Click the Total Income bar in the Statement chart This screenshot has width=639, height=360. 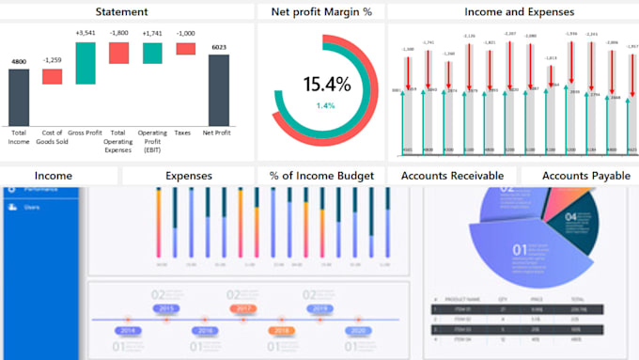(x=19, y=96)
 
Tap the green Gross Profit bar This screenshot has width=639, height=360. (x=86, y=63)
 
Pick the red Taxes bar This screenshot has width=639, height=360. (x=185, y=48)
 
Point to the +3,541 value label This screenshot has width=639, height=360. (x=86, y=33)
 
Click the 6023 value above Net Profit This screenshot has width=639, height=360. (x=219, y=47)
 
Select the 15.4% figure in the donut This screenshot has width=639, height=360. (x=326, y=84)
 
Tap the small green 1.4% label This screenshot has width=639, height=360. (x=325, y=105)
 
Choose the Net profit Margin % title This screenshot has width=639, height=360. (x=321, y=12)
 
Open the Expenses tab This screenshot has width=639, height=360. (x=188, y=176)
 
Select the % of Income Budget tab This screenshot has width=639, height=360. (x=321, y=176)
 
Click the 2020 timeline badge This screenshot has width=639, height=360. (x=357, y=331)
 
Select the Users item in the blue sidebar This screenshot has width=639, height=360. (x=32, y=207)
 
